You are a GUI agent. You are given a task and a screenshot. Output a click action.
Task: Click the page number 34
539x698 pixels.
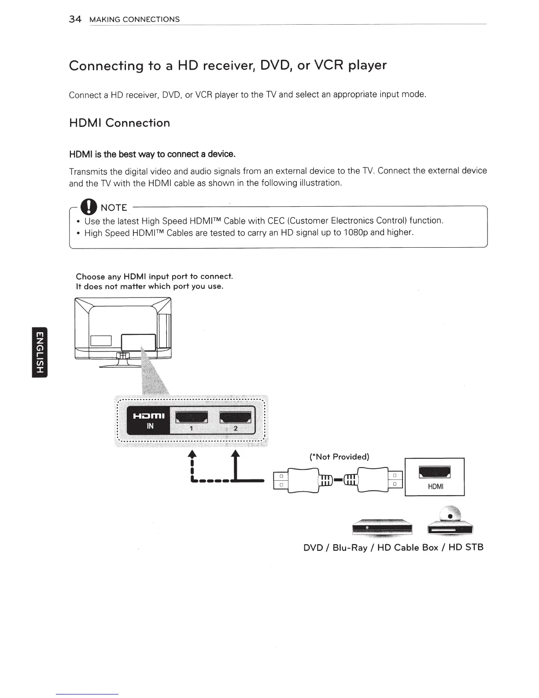pyautogui.click(x=75, y=19)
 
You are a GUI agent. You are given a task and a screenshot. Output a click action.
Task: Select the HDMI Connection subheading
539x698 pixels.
pyautogui.click(x=119, y=123)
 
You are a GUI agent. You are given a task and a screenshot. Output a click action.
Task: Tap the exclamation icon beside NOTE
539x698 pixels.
pyautogui.click(x=90, y=207)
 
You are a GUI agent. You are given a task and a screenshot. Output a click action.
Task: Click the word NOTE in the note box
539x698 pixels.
pyautogui.click(x=114, y=208)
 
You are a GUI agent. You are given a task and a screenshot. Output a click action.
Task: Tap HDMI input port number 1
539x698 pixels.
pyautogui.click(x=192, y=417)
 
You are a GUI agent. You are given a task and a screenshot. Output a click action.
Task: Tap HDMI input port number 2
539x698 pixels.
pyautogui.click(x=236, y=417)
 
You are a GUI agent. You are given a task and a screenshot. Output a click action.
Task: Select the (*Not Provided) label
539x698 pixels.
pyautogui.click(x=339, y=457)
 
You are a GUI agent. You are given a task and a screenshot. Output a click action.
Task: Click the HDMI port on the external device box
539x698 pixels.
pyautogui.click(x=435, y=472)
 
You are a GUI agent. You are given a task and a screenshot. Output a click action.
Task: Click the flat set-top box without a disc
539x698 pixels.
pyautogui.click(x=382, y=527)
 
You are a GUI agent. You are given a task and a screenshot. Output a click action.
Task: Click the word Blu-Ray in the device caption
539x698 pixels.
pyautogui.click(x=350, y=547)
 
